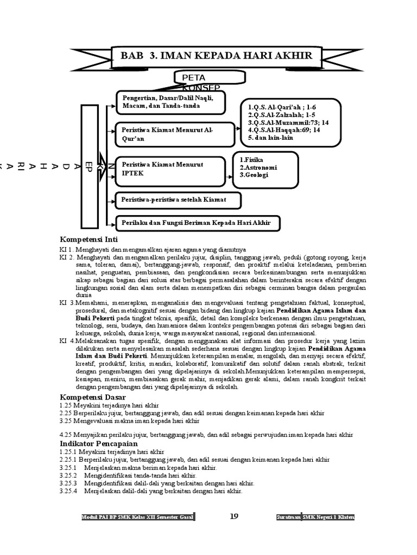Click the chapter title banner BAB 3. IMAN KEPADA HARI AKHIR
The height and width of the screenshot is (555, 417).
tap(216, 56)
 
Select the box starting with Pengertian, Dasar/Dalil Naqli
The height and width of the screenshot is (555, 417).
tap(170, 102)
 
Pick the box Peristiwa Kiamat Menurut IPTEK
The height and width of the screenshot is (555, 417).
tap(170, 171)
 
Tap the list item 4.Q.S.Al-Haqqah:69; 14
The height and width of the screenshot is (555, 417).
tap(283, 130)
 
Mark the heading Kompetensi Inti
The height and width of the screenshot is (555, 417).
tap(89, 240)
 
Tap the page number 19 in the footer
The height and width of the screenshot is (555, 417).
tap(235, 516)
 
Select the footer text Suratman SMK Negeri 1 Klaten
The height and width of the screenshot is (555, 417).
tap(315, 518)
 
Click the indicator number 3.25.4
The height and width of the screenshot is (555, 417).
tap(68, 491)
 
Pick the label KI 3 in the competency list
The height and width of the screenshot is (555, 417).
tap(67, 301)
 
